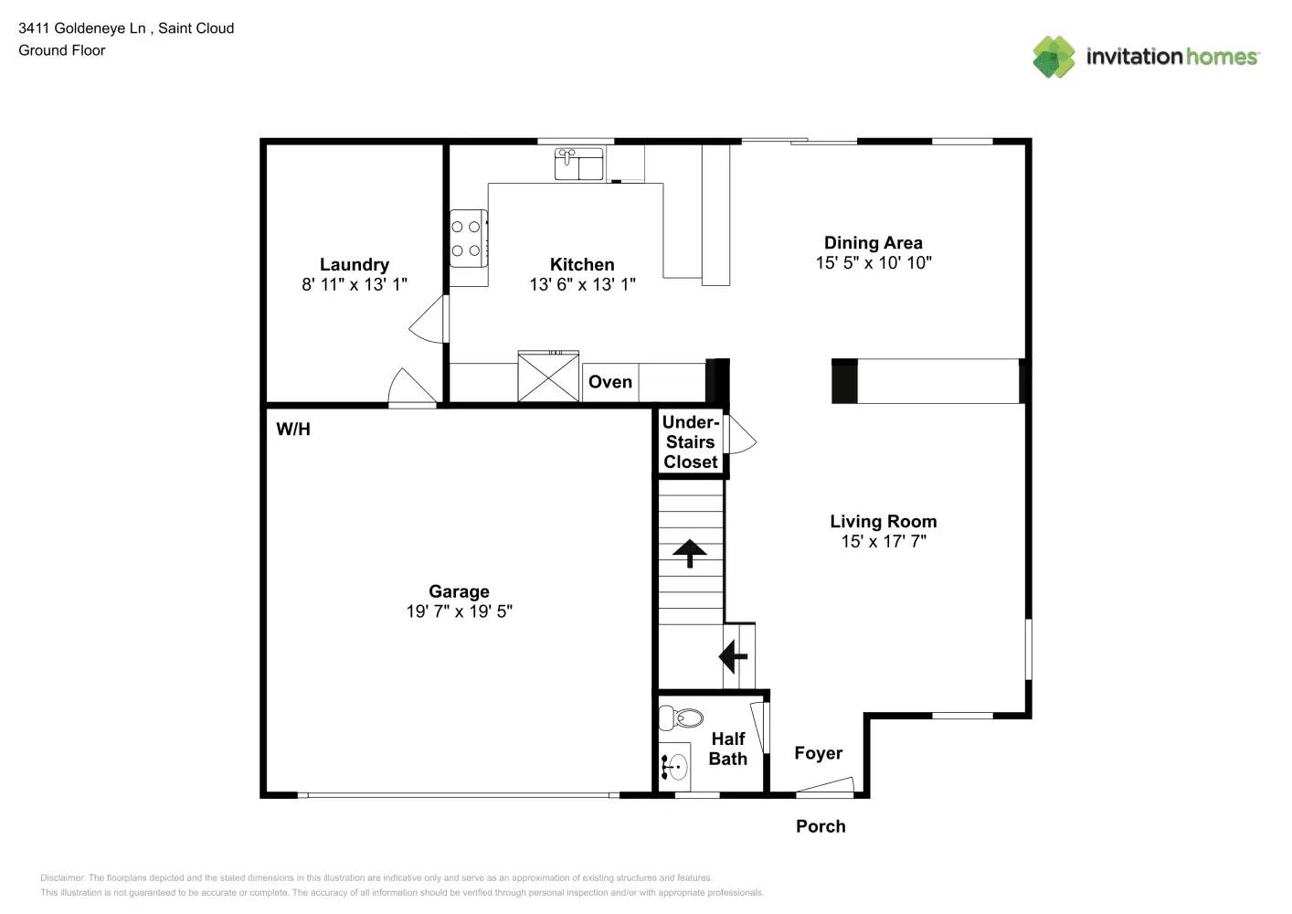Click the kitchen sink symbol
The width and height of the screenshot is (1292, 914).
578,164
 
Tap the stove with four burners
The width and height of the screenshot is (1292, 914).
467,239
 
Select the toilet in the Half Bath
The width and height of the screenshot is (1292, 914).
682,717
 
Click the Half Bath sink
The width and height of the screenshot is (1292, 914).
675,767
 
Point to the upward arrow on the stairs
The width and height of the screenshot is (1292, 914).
690,553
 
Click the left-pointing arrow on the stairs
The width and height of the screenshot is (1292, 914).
733,656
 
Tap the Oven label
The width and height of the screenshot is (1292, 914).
609,382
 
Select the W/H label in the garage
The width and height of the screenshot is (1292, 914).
293,429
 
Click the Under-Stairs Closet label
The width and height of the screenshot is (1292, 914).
691,441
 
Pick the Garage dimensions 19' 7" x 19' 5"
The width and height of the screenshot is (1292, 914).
459,611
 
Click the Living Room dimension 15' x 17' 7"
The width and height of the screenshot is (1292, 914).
883,541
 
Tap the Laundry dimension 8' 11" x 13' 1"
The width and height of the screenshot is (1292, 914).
355,284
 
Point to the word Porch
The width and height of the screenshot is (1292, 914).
821,826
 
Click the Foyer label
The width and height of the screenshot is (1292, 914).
818,753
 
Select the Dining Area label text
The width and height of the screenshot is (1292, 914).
873,242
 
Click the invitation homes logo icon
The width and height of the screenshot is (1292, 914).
1054,57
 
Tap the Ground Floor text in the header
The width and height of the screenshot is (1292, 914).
62,50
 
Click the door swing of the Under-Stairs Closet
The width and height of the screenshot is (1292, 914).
741,436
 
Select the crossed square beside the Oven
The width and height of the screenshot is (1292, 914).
548,376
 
